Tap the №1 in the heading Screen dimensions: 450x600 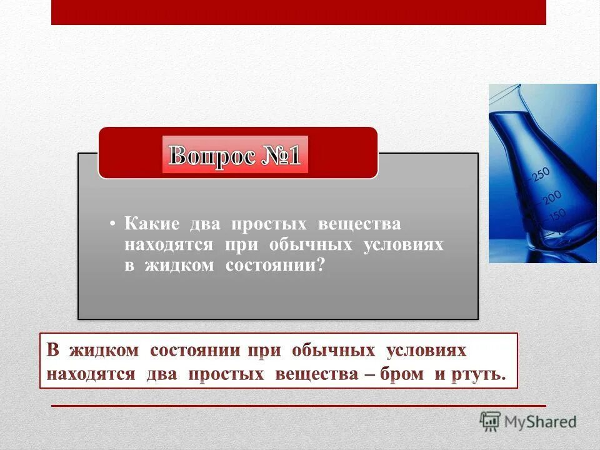coord(279,156)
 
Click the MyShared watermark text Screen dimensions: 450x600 coord(540,422)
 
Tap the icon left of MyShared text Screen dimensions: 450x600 coord(490,421)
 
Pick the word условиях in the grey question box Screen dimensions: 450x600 coord(403,245)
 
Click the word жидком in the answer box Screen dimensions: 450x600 coord(103,351)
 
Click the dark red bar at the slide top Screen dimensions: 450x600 coord(298,12)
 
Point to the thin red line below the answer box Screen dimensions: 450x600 coord(298,406)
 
